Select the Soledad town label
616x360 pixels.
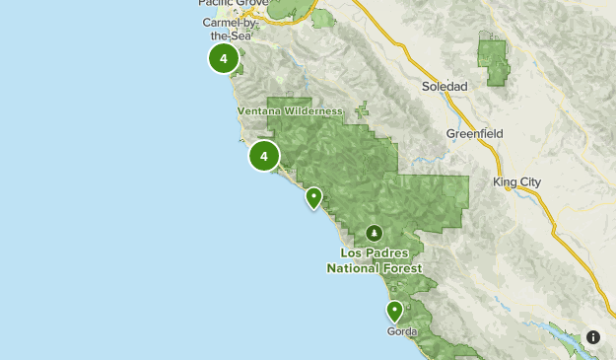(x=445, y=86)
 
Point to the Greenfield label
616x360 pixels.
(x=474, y=133)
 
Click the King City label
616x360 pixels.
(x=517, y=181)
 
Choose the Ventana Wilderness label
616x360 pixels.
(x=290, y=111)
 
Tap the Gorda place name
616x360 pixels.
(x=402, y=331)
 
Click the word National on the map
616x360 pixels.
(x=356, y=268)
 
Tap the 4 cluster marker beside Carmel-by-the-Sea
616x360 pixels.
(x=224, y=59)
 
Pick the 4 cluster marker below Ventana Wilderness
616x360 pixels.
(x=264, y=156)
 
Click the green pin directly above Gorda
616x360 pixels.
(x=394, y=312)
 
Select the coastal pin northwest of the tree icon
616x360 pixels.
(x=313, y=197)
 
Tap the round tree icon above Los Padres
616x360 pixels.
(x=374, y=233)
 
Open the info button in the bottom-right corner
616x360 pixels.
(x=593, y=337)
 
